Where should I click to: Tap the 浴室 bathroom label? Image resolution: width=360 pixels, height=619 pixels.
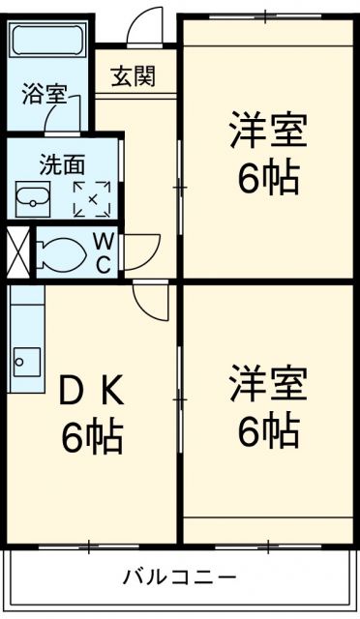click(x=44, y=95)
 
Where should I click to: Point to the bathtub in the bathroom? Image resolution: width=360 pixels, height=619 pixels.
click(x=48, y=44)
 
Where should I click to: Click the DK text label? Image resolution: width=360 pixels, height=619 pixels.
click(x=93, y=391)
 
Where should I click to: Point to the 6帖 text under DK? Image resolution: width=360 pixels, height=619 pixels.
click(x=93, y=437)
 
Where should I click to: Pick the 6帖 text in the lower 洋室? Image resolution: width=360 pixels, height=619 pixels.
click(x=268, y=430)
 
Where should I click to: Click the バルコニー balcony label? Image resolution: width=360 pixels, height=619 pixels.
click(x=179, y=578)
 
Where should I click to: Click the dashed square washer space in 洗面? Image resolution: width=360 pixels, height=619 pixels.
click(x=93, y=198)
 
